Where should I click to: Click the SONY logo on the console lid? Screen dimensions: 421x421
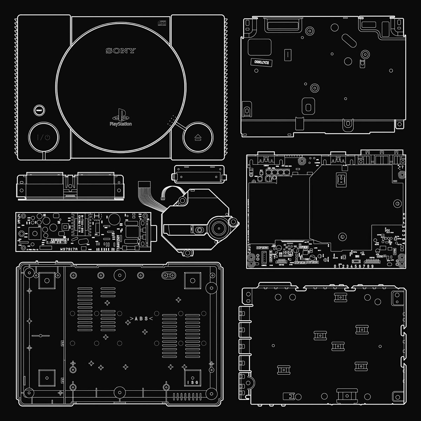point(120,51)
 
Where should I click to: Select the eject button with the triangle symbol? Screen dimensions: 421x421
point(197,137)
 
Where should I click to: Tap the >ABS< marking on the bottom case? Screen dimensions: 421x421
point(139,319)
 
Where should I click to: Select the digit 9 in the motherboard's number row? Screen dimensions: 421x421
point(372,266)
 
